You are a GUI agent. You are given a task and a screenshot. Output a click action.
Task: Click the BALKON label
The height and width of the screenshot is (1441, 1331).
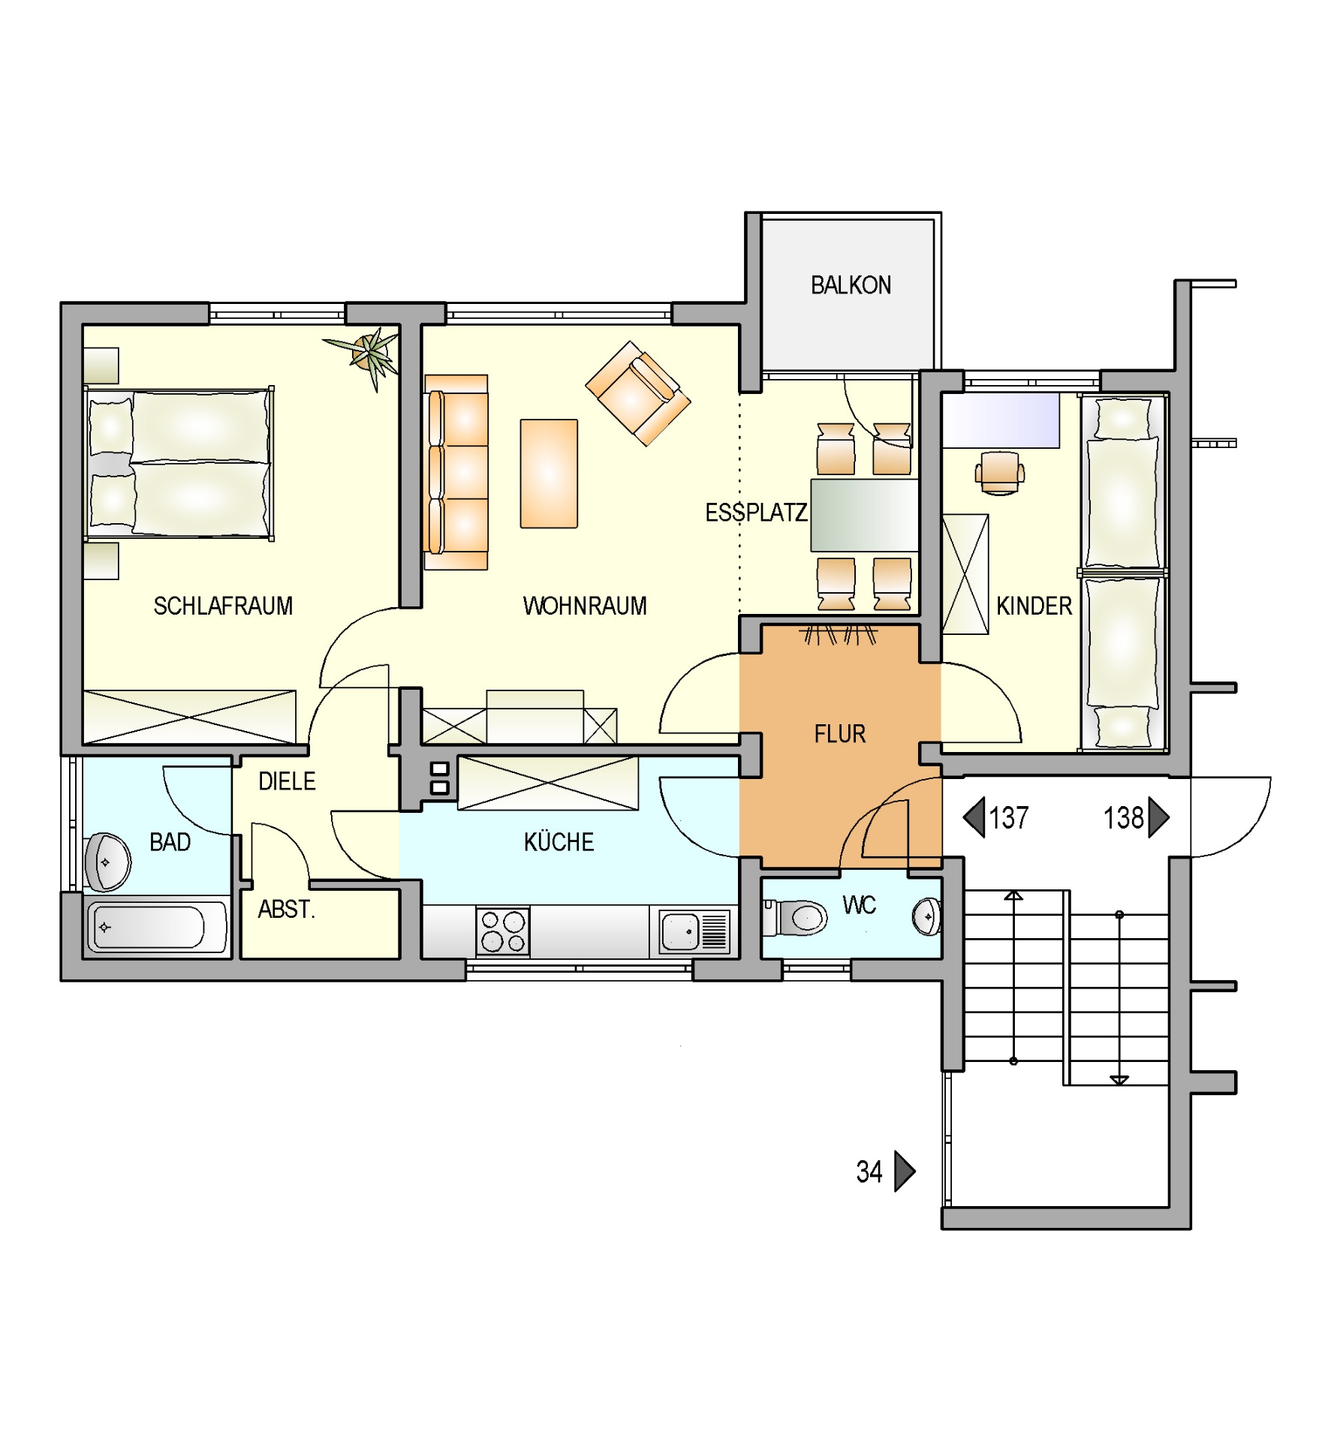851,285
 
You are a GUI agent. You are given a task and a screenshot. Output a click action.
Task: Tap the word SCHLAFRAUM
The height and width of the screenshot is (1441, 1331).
223,606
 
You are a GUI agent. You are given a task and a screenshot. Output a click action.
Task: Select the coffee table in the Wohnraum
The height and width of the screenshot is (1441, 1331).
549,474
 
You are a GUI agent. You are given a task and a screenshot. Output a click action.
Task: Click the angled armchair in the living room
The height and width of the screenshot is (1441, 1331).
638,393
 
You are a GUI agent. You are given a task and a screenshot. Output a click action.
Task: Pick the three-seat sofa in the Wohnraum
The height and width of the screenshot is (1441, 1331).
456,472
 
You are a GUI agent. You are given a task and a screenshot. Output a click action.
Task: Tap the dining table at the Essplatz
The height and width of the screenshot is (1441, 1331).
864,516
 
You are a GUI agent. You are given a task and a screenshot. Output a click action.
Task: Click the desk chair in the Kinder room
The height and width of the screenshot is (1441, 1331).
1000,472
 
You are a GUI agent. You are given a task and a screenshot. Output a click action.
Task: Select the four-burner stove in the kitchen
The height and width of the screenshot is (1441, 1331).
503,931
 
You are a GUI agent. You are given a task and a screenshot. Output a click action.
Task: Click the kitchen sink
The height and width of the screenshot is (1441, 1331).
694,932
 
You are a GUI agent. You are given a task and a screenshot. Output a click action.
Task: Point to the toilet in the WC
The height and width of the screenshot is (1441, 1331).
795,917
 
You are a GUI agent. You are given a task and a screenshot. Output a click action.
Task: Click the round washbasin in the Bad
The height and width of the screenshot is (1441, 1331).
108,862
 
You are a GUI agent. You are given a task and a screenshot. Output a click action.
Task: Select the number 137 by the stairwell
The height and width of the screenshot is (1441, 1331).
1008,817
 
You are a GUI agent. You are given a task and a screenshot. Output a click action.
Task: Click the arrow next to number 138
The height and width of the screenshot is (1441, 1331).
1158,817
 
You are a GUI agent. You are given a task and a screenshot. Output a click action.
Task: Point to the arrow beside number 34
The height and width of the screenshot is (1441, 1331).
905,1172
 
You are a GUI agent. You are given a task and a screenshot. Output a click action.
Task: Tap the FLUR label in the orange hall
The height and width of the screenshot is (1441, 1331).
840,733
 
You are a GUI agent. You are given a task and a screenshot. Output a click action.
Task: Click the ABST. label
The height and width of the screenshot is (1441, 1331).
286,910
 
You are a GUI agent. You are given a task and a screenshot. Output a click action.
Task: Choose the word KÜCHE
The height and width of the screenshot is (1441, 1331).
559,841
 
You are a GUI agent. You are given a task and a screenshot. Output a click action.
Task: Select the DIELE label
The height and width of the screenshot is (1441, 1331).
287,781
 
